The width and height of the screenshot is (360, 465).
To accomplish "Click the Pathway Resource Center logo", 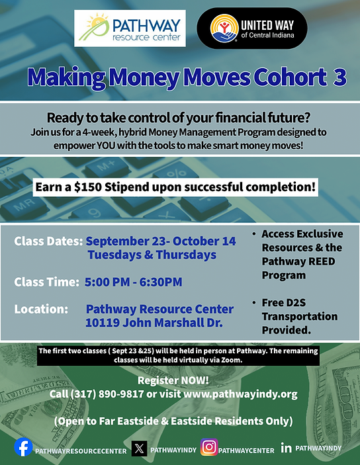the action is [x=130, y=28].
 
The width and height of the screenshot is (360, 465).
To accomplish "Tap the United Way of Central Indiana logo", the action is [x=252, y=28].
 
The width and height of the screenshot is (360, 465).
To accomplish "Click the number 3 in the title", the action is [x=340, y=77].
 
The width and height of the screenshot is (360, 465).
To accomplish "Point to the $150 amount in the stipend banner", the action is [x=88, y=187].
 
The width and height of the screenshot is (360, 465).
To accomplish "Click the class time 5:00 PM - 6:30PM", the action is [x=134, y=282].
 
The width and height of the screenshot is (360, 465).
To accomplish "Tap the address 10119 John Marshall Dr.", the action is [x=154, y=323].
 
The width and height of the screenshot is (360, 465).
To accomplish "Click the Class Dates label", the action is [x=48, y=241].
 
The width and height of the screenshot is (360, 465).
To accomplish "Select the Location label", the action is [x=41, y=309].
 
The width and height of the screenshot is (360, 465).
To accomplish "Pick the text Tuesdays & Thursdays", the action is [x=152, y=255].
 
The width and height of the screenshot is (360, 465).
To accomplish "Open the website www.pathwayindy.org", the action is [x=240, y=394].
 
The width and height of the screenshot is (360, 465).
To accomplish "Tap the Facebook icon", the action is [x=23, y=447].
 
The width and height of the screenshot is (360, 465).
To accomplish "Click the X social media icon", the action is [x=139, y=448].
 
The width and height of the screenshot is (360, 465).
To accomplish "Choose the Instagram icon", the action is [x=209, y=447].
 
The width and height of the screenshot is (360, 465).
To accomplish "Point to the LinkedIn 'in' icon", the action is [x=286, y=448].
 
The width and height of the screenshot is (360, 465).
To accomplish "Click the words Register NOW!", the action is [x=173, y=380].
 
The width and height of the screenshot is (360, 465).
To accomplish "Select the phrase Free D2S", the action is [x=284, y=303].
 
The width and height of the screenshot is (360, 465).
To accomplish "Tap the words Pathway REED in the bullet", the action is [x=298, y=261].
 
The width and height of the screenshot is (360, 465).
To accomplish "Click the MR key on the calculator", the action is [x=24, y=204].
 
